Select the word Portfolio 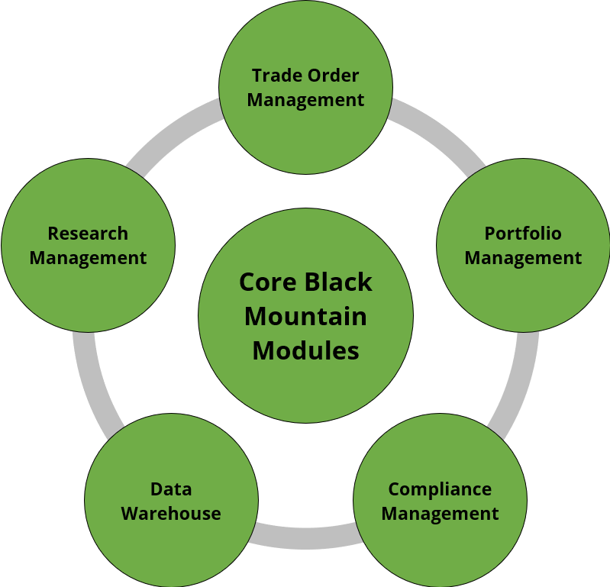(x=523, y=233)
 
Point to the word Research (x=88, y=233)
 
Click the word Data (x=171, y=489)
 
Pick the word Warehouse (x=171, y=513)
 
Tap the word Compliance (x=440, y=489)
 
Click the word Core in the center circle (x=267, y=282)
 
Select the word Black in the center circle (x=339, y=282)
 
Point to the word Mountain (x=305, y=316)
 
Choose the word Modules (x=305, y=350)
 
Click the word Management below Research (x=88, y=258)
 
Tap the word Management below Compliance (x=440, y=513)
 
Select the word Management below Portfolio (x=523, y=258)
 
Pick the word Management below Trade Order (x=305, y=100)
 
